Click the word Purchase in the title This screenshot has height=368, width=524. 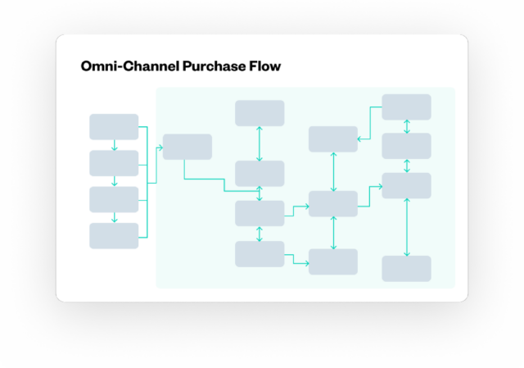[x=215, y=66]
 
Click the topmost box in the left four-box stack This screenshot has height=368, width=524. [x=114, y=127]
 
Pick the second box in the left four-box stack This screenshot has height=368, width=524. [x=114, y=163]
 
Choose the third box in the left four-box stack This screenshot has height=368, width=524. [x=114, y=199]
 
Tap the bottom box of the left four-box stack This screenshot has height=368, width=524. [x=114, y=236]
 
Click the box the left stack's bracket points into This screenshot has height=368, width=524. [x=187, y=147]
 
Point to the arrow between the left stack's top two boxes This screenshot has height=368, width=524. [x=114, y=145]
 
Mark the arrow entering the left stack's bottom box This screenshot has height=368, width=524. [x=114, y=218]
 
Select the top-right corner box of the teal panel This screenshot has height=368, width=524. [x=406, y=107]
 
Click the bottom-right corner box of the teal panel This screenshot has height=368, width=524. [x=406, y=268]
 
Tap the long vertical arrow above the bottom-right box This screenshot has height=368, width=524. [x=407, y=227]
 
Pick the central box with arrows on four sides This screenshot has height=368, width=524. [x=333, y=203]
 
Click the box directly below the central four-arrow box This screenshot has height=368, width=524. [x=333, y=261]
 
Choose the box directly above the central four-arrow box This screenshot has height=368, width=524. [x=333, y=139]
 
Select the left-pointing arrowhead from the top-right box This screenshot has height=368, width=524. [x=360, y=139]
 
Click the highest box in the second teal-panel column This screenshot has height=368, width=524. [x=260, y=113]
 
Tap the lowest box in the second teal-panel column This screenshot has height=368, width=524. [x=260, y=254]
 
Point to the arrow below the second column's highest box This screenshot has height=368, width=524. [x=260, y=143]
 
